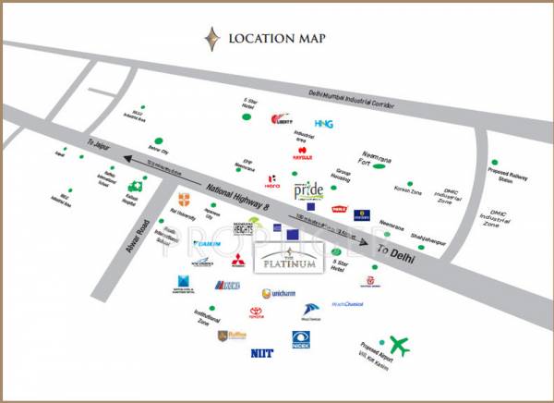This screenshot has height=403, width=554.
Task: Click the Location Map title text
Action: [x=283, y=39]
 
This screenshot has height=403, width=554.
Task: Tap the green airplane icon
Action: [x=399, y=345]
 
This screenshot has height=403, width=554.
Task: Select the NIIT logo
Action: [x=261, y=352]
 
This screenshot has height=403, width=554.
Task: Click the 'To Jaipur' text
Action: [x=97, y=145]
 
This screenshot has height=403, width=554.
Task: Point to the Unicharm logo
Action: [x=276, y=293]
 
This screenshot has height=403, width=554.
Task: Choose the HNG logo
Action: [x=324, y=123]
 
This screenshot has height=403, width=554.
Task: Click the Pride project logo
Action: [x=308, y=190]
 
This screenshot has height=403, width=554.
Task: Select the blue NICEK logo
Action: [x=301, y=338]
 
